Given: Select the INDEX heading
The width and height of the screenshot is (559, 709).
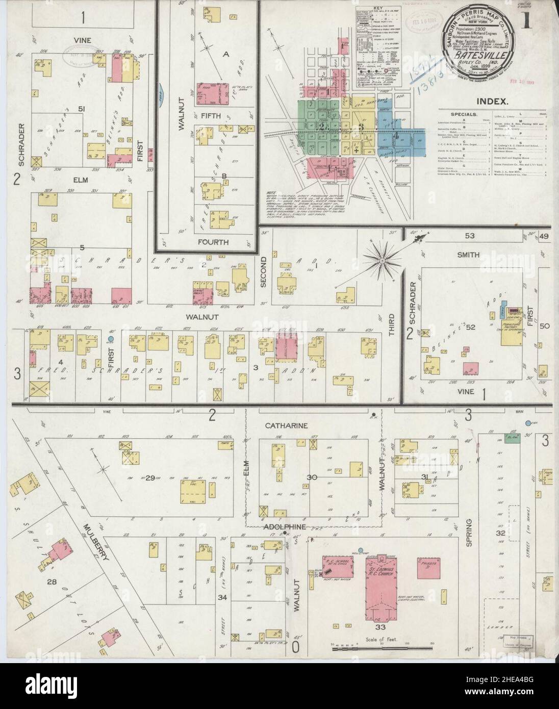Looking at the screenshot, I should (494, 102).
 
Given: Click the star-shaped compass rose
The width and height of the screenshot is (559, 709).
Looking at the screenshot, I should (382, 261).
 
